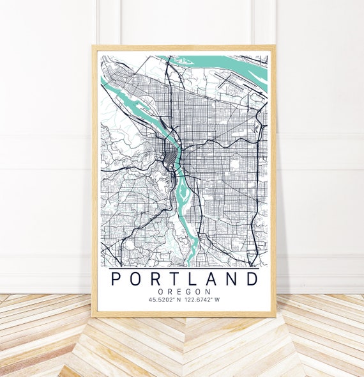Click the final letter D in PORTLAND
pos(253,279)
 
